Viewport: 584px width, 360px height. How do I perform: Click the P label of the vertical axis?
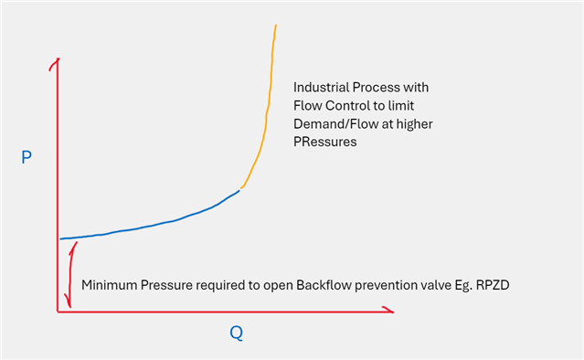27,158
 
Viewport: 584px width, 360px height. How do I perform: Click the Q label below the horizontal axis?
236,334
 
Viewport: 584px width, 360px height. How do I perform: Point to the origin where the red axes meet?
58,312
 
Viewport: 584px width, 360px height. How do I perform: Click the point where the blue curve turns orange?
239,189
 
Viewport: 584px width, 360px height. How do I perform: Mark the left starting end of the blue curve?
61,238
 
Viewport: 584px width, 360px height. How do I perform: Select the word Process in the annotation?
384,88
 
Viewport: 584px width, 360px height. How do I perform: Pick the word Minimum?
110,285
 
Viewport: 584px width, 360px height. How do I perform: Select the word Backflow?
326,285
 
